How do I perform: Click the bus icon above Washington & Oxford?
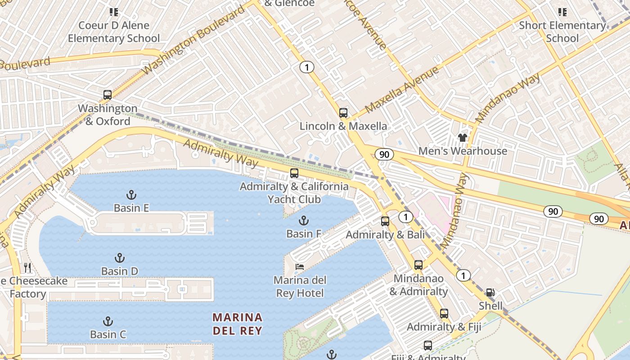click(107, 95)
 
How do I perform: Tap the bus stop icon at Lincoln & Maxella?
click(343, 112)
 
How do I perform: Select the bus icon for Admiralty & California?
click(294, 173)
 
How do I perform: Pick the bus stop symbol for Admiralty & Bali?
click(385, 221)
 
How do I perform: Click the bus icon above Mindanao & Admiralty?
click(418, 265)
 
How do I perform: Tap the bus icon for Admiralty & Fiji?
click(444, 313)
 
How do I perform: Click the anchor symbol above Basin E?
click(131, 195)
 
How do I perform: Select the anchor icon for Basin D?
click(119, 258)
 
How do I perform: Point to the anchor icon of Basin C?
click(108, 321)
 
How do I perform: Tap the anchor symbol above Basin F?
click(304, 220)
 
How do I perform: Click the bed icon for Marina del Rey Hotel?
click(300, 267)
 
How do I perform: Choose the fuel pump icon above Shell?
click(490, 292)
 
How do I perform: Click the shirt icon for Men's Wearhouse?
click(463, 138)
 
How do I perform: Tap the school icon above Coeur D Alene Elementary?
click(114, 12)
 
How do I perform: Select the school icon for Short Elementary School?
click(562, 12)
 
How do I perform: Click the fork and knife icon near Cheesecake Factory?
click(28, 268)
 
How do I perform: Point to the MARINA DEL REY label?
click(237, 324)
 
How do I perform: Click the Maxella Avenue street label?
click(401, 90)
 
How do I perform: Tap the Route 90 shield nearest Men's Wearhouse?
click(384, 154)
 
